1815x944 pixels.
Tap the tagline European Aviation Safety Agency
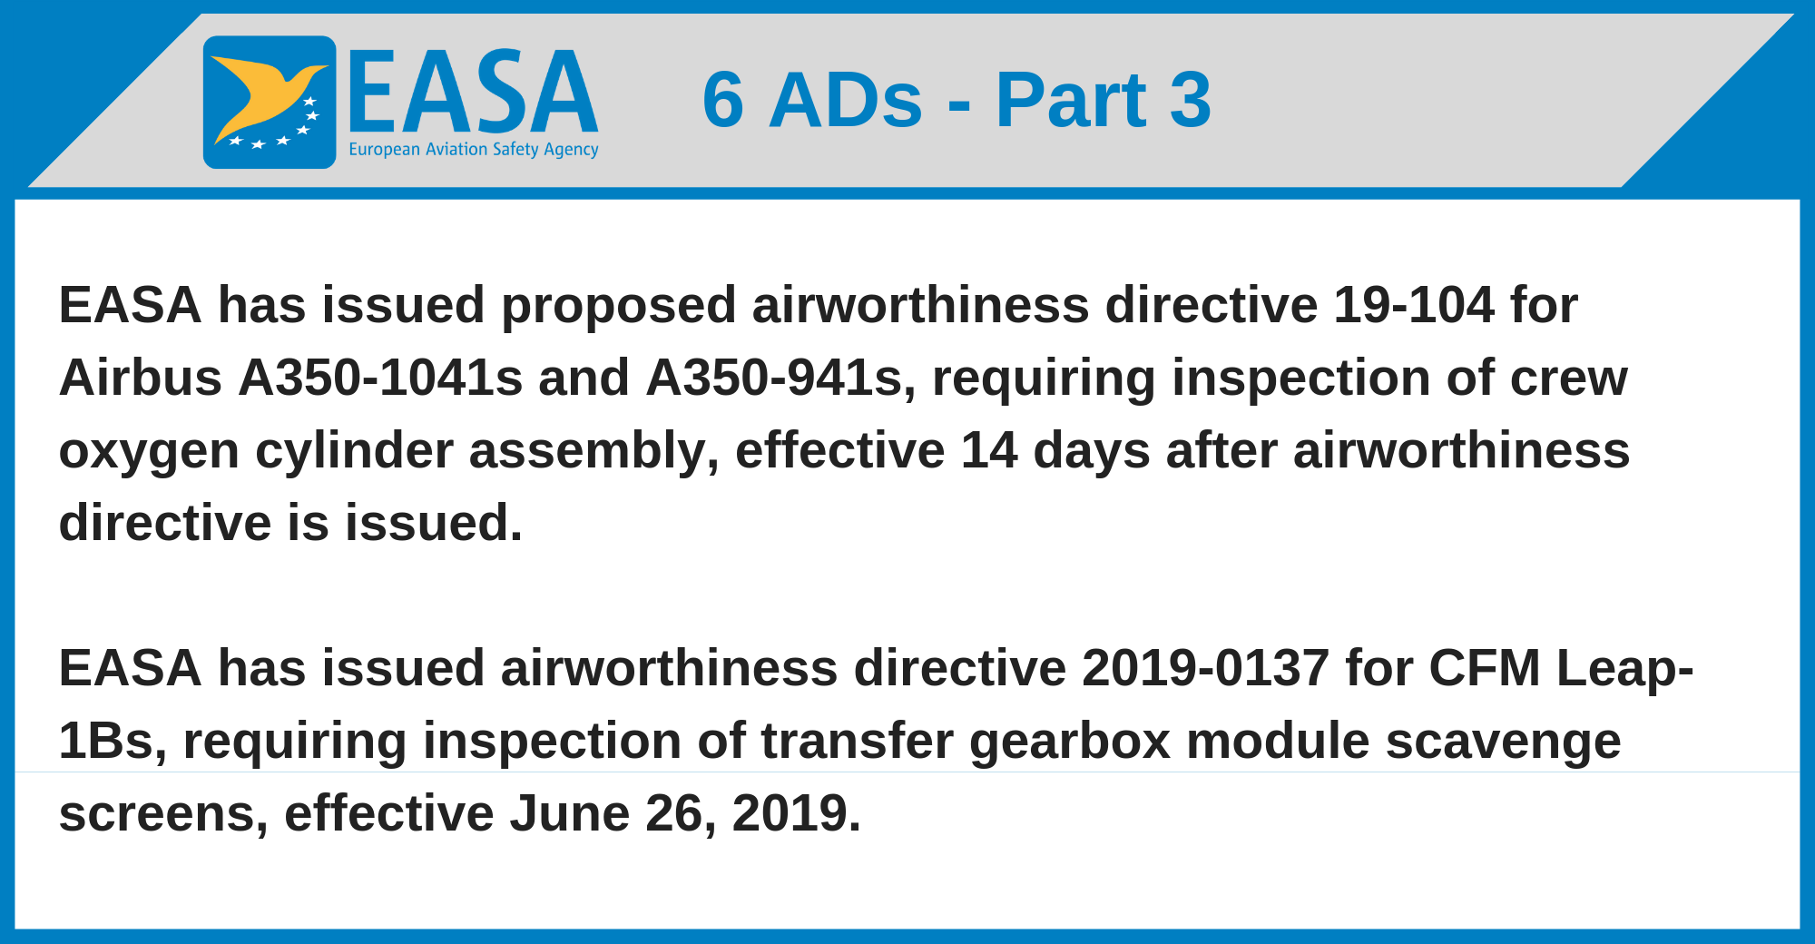pyautogui.click(x=474, y=150)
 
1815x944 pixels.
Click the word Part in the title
pyautogui.click(x=1071, y=100)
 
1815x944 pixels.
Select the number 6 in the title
pyautogui.click(x=723, y=100)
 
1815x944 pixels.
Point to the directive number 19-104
pyautogui.click(x=1413, y=305)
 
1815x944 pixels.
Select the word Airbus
pyautogui.click(x=141, y=378)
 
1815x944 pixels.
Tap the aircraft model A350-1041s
pyautogui.click(x=380, y=378)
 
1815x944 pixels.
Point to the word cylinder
pyautogui.click(x=354, y=452)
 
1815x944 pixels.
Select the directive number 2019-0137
pyautogui.click(x=1205, y=668)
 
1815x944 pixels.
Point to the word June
pyautogui.click(x=569, y=813)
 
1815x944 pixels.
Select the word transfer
pyautogui.click(x=857, y=741)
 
